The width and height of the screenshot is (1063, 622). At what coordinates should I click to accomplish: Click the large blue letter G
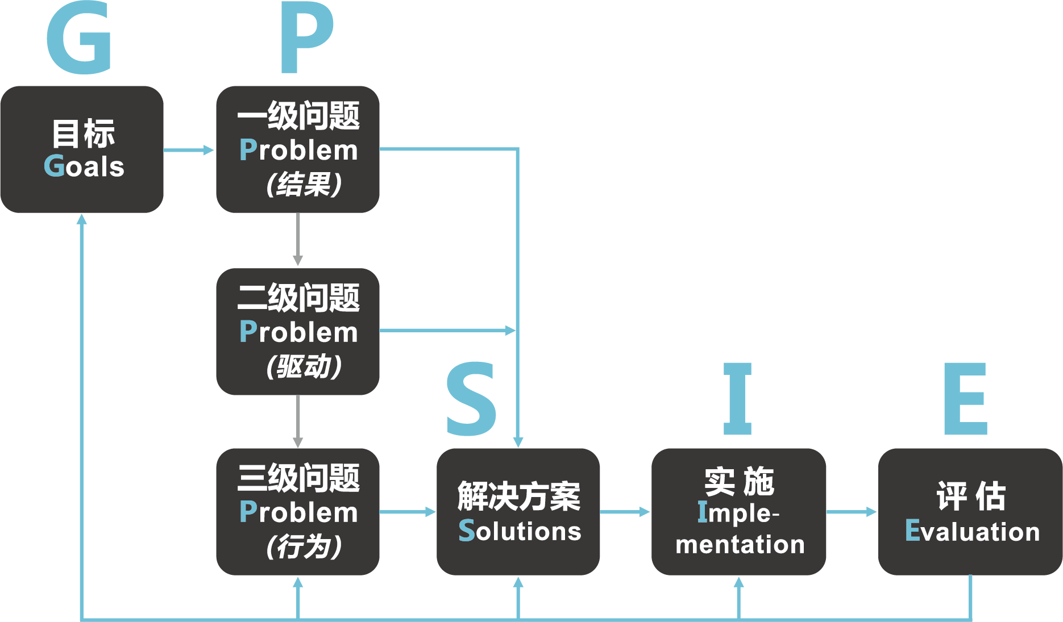78,39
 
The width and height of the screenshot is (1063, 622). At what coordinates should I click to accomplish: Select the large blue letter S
471,399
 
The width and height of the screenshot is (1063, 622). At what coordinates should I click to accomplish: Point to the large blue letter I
737,399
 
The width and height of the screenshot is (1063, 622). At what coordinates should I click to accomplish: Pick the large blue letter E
965,399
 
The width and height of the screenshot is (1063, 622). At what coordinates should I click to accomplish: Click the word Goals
84,166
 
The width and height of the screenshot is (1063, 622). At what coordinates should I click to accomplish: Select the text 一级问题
298,116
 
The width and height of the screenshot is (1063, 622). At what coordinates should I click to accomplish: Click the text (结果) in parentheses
304,184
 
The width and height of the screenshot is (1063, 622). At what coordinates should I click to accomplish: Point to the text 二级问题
298,298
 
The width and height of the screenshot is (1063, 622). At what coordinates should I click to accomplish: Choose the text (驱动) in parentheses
304,366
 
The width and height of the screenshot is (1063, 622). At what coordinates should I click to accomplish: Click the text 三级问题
298,478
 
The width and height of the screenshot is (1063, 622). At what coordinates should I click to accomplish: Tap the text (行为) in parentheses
304,546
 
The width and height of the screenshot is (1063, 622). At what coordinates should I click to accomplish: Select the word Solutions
520,531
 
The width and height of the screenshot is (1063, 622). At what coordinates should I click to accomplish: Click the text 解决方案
518,496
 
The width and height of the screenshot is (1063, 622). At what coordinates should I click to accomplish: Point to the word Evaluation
972,531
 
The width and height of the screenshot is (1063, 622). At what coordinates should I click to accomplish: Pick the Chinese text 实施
739,482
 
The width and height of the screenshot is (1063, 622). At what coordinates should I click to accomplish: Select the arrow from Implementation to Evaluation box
852,512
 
